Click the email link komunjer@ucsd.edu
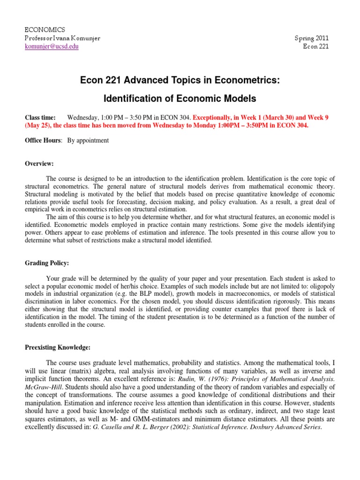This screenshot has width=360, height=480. click(x=52, y=46)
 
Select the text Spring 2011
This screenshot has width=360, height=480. click(x=311, y=38)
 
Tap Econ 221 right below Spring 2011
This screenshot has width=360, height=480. click(x=316, y=46)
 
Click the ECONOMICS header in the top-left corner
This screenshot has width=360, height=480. click(x=45, y=30)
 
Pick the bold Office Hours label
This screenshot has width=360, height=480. click(x=43, y=140)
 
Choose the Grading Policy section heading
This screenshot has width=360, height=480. click(x=46, y=263)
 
